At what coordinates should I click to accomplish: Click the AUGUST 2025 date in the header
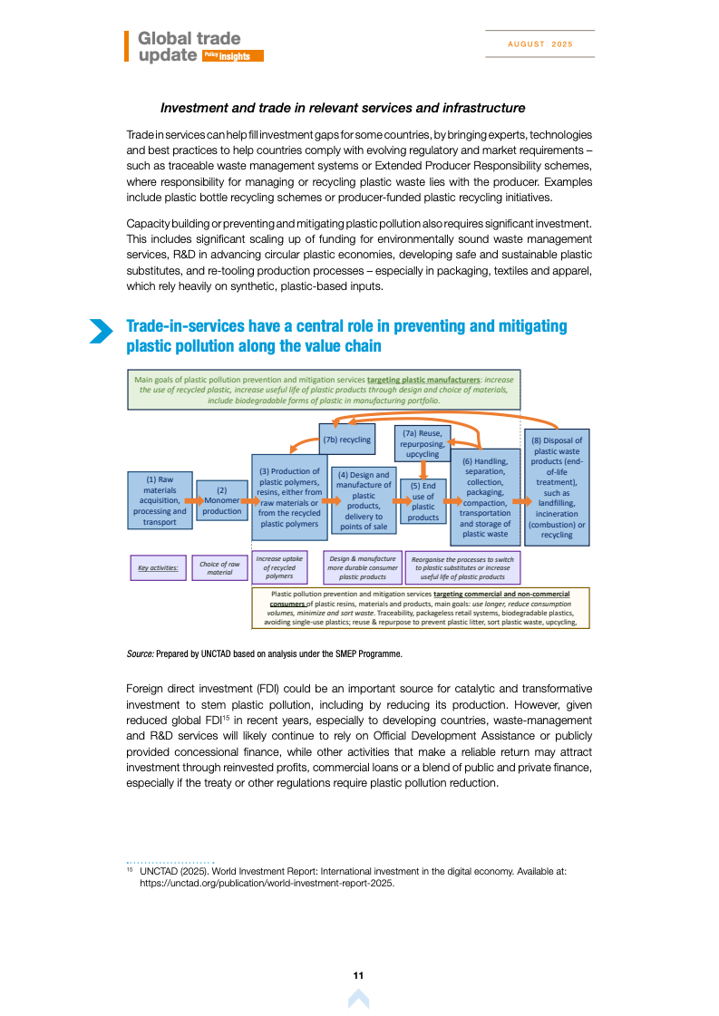click(539, 44)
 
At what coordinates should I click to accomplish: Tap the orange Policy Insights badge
click(233, 56)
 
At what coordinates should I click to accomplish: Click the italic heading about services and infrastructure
click(343, 108)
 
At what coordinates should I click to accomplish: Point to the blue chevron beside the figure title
click(101, 331)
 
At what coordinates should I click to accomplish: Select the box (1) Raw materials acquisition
click(159, 499)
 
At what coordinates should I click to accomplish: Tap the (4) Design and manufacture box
click(364, 500)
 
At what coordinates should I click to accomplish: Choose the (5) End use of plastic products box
click(423, 501)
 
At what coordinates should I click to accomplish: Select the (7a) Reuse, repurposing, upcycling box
click(423, 443)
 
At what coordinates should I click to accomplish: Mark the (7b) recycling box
click(347, 440)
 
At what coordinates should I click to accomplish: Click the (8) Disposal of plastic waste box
click(557, 488)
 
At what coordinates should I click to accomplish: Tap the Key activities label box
click(159, 568)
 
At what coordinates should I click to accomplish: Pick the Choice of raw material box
click(219, 568)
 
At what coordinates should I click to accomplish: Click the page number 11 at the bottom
click(359, 975)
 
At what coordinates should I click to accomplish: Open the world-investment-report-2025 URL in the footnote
click(267, 882)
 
